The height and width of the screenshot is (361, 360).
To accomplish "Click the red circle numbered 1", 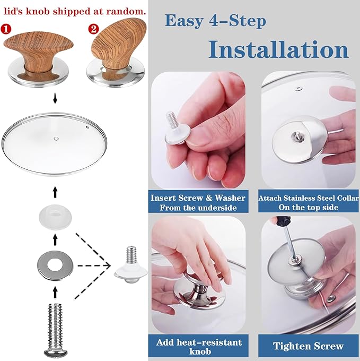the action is pyautogui.click(x=6, y=29).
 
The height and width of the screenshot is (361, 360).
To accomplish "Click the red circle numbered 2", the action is pyautogui.click(x=93, y=29).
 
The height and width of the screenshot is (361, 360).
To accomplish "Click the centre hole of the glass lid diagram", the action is pyautogui.click(x=56, y=139).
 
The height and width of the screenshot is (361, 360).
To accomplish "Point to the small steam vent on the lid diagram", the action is pyautogui.click(x=87, y=126).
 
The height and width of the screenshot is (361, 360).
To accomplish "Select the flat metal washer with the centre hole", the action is pyautogui.click(x=55, y=265).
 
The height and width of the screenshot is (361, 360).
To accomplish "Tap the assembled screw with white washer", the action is pyautogui.click(x=131, y=265).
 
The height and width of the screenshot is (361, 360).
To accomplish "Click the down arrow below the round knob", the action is pyautogui.click(x=55, y=98).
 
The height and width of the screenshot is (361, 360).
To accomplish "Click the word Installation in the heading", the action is pyautogui.click(x=278, y=50).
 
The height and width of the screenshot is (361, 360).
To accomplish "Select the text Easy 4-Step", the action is pyautogui.click(x=215, y=21).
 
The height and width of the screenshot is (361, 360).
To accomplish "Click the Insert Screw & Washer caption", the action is pyautogui.click(x=198, y=198).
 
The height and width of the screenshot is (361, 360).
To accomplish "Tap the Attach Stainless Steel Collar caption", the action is pyautogui.click(x=308, y=198).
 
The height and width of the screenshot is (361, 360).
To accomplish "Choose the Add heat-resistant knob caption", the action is pyautogui.click(x=199, y=347).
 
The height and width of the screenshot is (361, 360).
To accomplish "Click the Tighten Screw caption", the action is pyautogui.click(x=308, y=346).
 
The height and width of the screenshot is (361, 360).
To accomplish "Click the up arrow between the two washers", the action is pyautogui.click(x=55, y=239).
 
